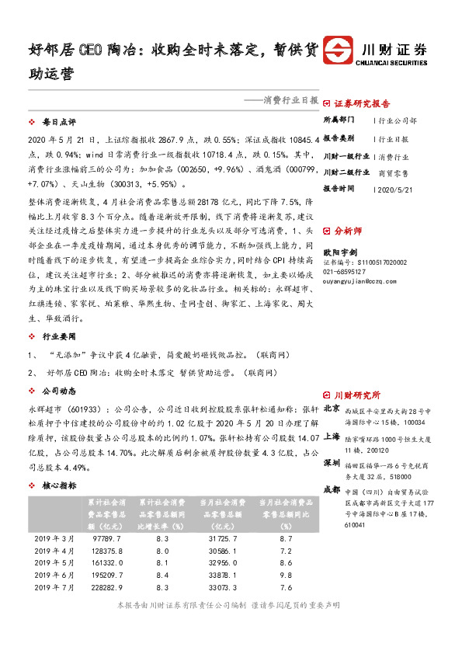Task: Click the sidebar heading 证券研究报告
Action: click(x=362, y=103)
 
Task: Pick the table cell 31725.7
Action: click(x=226, y=537)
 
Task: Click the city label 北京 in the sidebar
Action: click(x=331, y=407)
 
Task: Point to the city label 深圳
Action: click(x=331, y=463)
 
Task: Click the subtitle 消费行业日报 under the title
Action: click(x=290, y=100)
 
